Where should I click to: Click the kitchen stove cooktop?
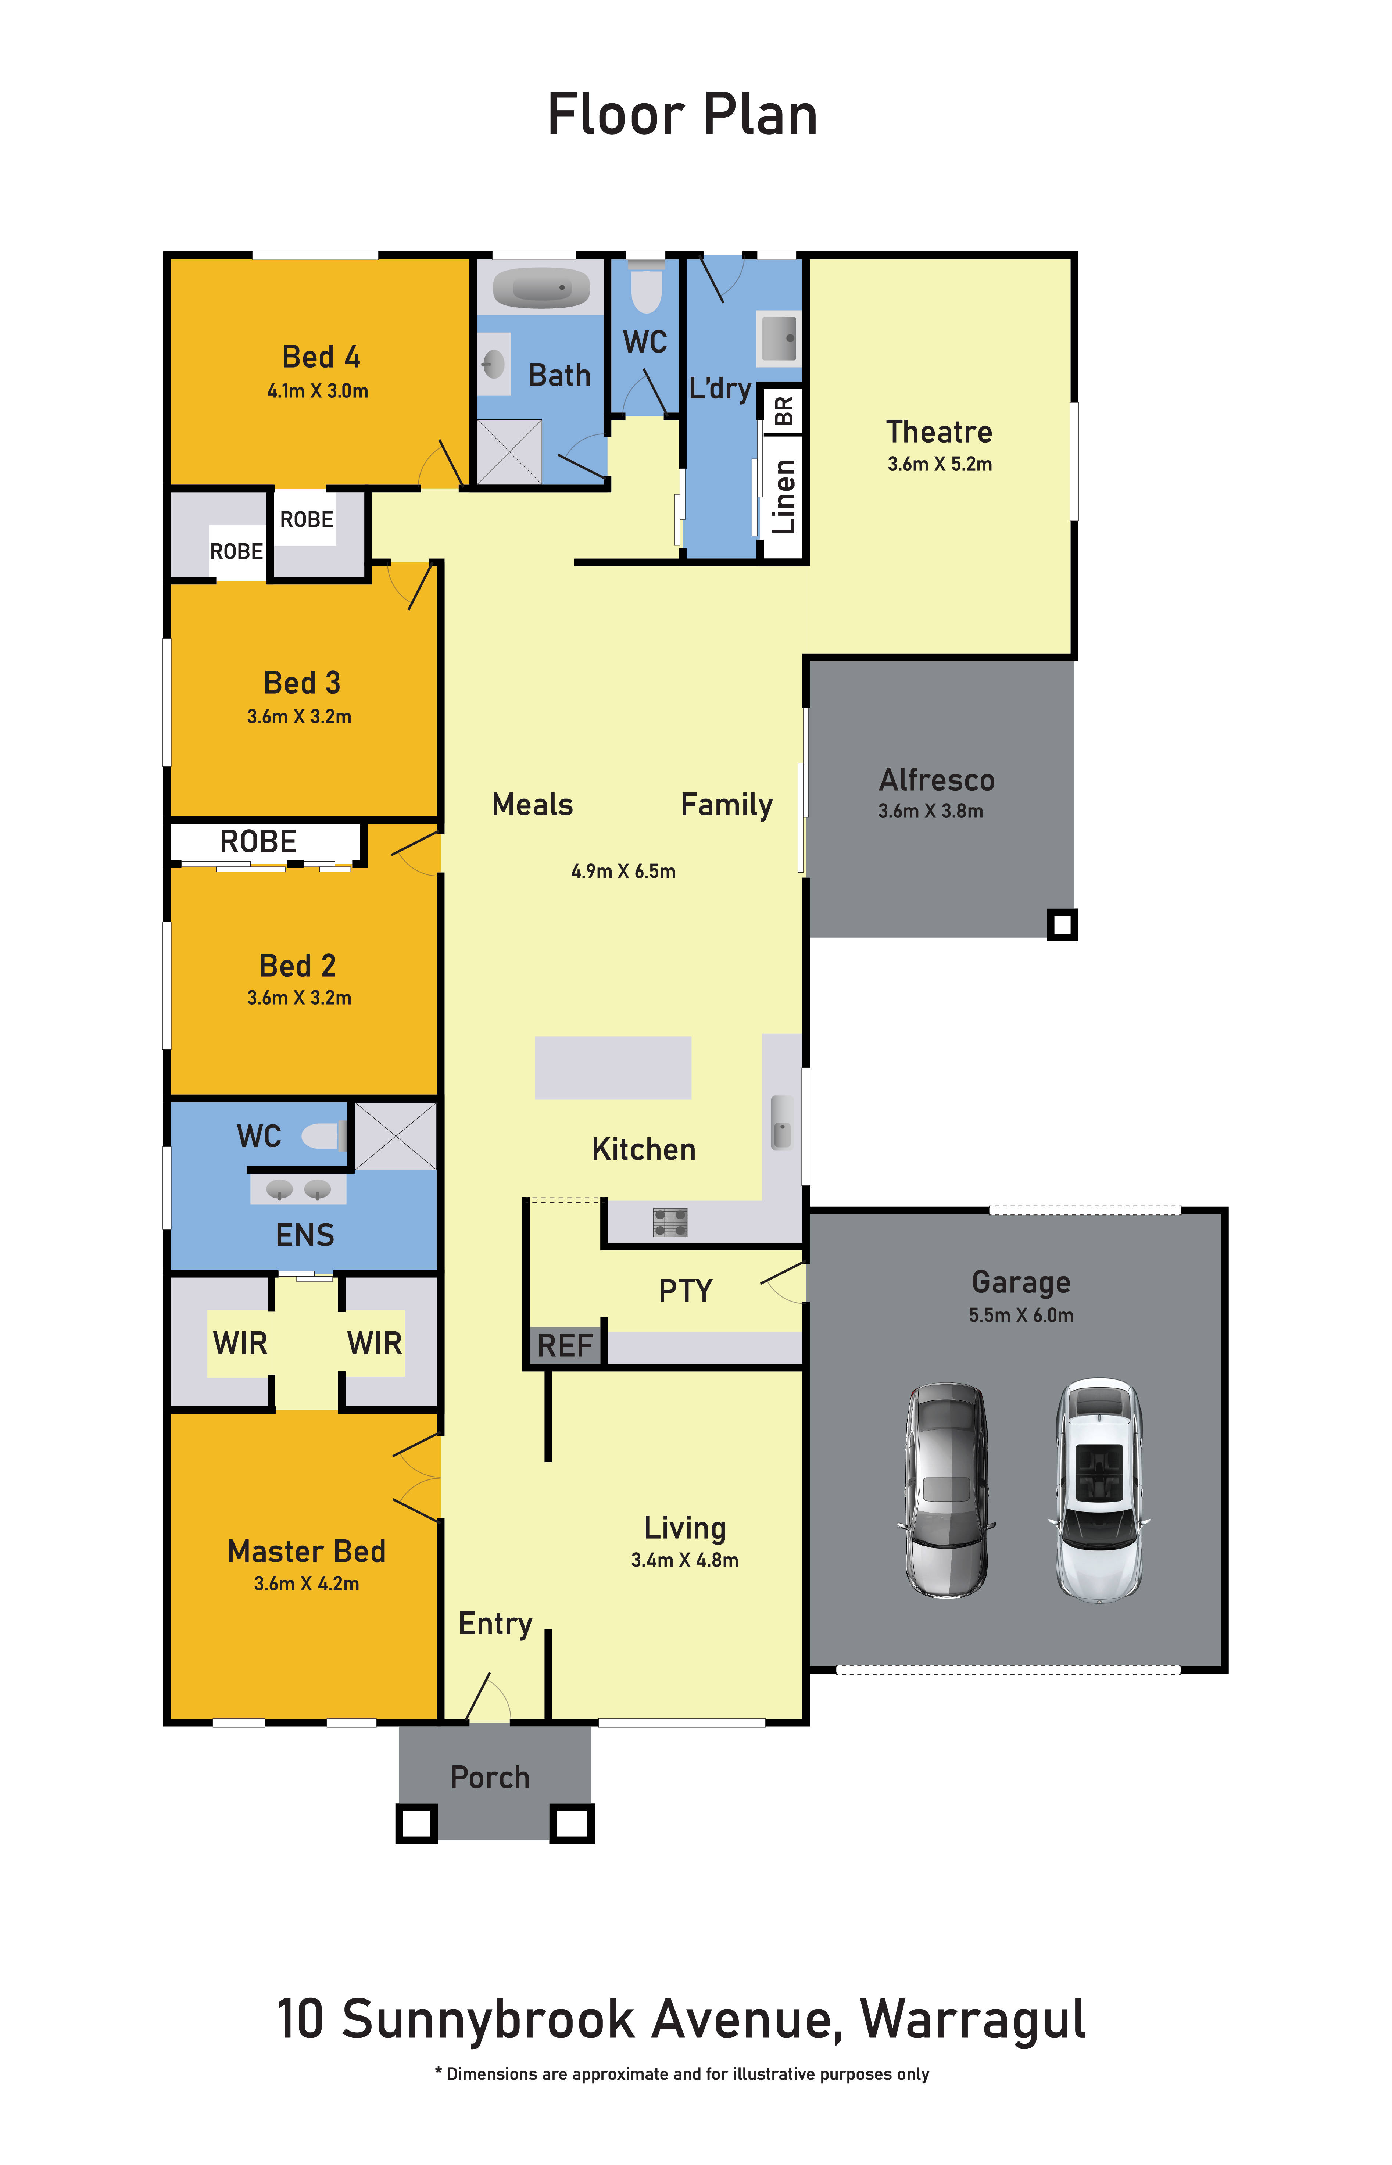pyautogui.click(x=670, y=1222)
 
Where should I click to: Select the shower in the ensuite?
pyautogui.click(x=395, y=1135)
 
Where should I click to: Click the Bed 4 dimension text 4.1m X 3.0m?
pyautogui.click(x=317, y=390)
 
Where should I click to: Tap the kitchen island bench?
pyautogui.click(x=613, y=1067)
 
